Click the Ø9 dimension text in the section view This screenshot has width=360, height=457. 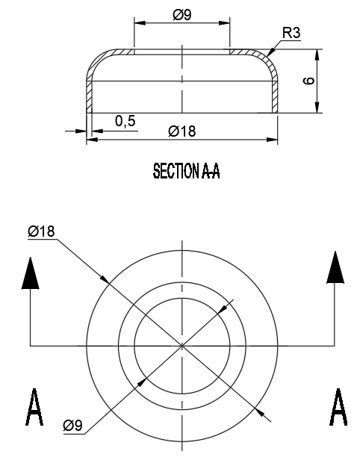(x=181, y=15)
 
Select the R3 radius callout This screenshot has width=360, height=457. (x=292, y=33)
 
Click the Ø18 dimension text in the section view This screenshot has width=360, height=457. (x=181, y=131)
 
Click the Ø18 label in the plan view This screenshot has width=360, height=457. (x=41, y=232)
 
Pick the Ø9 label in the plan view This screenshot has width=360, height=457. (x=72, y=426)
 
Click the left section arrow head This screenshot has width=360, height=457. (x=29, y=273)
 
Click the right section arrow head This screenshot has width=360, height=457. (x=335, y=267)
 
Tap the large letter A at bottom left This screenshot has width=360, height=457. (x=34, y=407)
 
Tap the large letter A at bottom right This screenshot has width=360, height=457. (x=338, y=407)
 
